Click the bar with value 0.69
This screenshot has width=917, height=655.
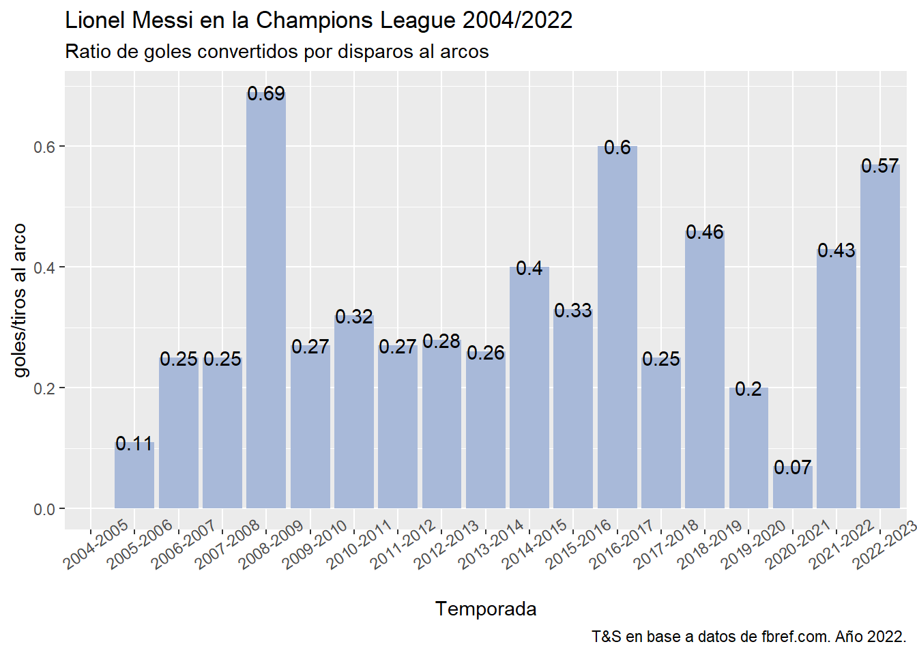click(x=266, y=300)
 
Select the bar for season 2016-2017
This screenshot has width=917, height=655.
click(x=617, y=327)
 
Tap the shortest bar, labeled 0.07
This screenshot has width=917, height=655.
click(x=793, y=487)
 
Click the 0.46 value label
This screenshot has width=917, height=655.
click(x=705, y=233)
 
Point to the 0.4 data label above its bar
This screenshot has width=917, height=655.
click(x=529, y=269)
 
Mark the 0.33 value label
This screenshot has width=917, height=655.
click(x=573, y=311)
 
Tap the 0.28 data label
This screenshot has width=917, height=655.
click(x=441, y=341)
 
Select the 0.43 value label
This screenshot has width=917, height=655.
click(x=836, y=251)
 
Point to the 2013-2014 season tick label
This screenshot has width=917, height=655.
click(x=491, y=544)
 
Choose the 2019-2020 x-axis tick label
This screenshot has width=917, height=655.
click(x=755, y=544)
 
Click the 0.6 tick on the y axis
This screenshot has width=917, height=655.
click(x=45, y=147)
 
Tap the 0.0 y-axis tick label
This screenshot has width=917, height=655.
click(x=45, y=509)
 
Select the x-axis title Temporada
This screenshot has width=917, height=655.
click(x=486, y=609)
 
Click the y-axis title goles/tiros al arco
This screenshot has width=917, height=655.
click(x=20, y=300)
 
